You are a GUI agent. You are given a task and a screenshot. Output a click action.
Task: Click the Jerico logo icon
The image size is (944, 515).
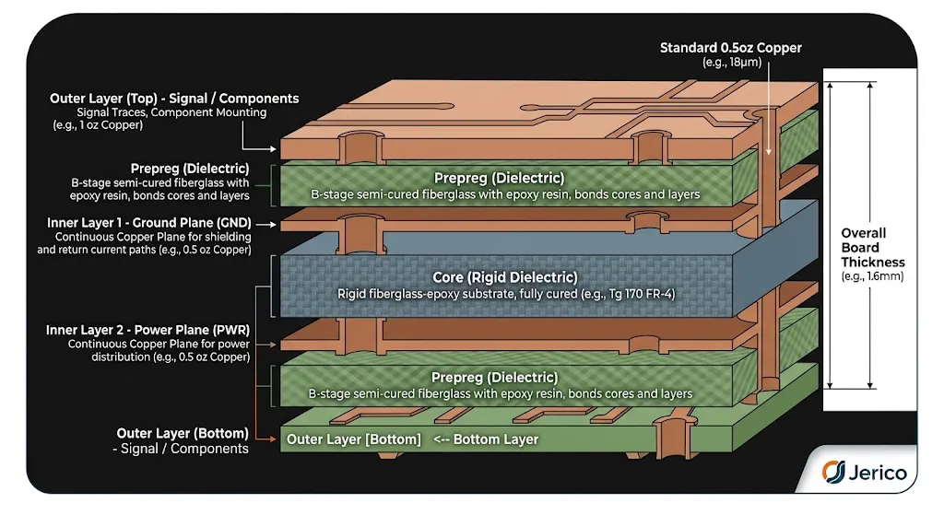(833, 471)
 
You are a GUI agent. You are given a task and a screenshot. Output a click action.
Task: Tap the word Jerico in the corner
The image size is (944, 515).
(878, 473)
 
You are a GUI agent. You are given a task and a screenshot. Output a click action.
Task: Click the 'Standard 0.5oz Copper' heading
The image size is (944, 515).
(730, 48)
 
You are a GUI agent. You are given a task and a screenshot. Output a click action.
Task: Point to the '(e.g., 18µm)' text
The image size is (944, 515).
(731, 62)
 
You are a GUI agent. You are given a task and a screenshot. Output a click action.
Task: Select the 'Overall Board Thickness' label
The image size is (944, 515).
(872, 247)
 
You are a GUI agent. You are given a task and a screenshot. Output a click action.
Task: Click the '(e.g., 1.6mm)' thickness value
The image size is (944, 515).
(872, 276)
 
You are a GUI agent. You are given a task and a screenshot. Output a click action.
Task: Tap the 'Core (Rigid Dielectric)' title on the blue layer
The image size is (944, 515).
(504, 277)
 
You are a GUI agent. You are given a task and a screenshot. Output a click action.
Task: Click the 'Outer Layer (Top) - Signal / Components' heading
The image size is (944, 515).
(174, 98)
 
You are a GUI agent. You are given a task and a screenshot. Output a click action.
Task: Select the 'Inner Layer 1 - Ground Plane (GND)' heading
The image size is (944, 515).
(149, 223)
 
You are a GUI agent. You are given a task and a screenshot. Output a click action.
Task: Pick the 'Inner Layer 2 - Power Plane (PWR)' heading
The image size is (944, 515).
(147, 330)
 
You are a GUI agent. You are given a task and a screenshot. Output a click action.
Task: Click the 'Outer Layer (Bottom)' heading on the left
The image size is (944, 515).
(183, 433)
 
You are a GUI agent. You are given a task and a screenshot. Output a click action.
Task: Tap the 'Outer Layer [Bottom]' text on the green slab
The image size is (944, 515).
(353, 439)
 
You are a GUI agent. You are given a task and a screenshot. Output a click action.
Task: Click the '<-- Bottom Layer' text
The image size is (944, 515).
(486, 439)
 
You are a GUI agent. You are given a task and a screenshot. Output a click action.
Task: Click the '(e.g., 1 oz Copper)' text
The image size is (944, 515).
(98, 125)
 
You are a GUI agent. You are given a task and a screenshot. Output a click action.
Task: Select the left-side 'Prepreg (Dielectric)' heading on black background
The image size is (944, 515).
(190, 169)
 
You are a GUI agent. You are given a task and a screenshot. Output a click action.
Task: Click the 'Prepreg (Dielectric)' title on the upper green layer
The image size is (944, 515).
(499, 178)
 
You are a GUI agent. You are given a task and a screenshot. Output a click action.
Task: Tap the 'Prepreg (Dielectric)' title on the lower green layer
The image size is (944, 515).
(494, 377)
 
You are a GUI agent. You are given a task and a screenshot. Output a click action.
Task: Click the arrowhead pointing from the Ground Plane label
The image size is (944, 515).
(273, 225)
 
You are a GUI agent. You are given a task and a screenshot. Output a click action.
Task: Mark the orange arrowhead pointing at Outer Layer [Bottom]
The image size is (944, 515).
(273, 439)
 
